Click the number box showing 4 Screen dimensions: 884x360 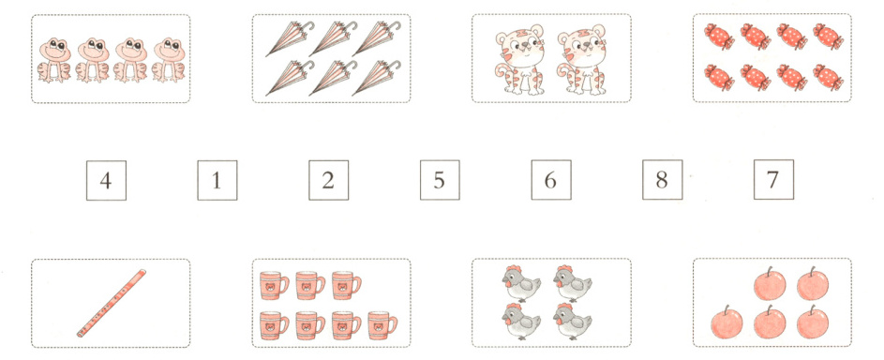point(106,180)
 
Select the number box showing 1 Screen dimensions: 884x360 point(217,180)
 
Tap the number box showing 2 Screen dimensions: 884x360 point(328,180)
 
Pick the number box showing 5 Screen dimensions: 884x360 point(439,180)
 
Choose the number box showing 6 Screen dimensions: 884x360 point(551,180)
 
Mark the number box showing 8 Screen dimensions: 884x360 point(662,180)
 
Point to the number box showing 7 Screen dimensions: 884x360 point(773,180)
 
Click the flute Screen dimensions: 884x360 point(112,304)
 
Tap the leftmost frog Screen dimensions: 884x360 point(54,61)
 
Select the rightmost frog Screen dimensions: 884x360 point(168,61)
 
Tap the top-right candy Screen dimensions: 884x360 point(828,37)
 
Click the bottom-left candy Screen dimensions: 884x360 point(719,77)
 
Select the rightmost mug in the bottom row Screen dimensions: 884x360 point(382,325)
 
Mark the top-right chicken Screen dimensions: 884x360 point(571,283)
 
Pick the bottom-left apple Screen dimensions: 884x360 point(727,322)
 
